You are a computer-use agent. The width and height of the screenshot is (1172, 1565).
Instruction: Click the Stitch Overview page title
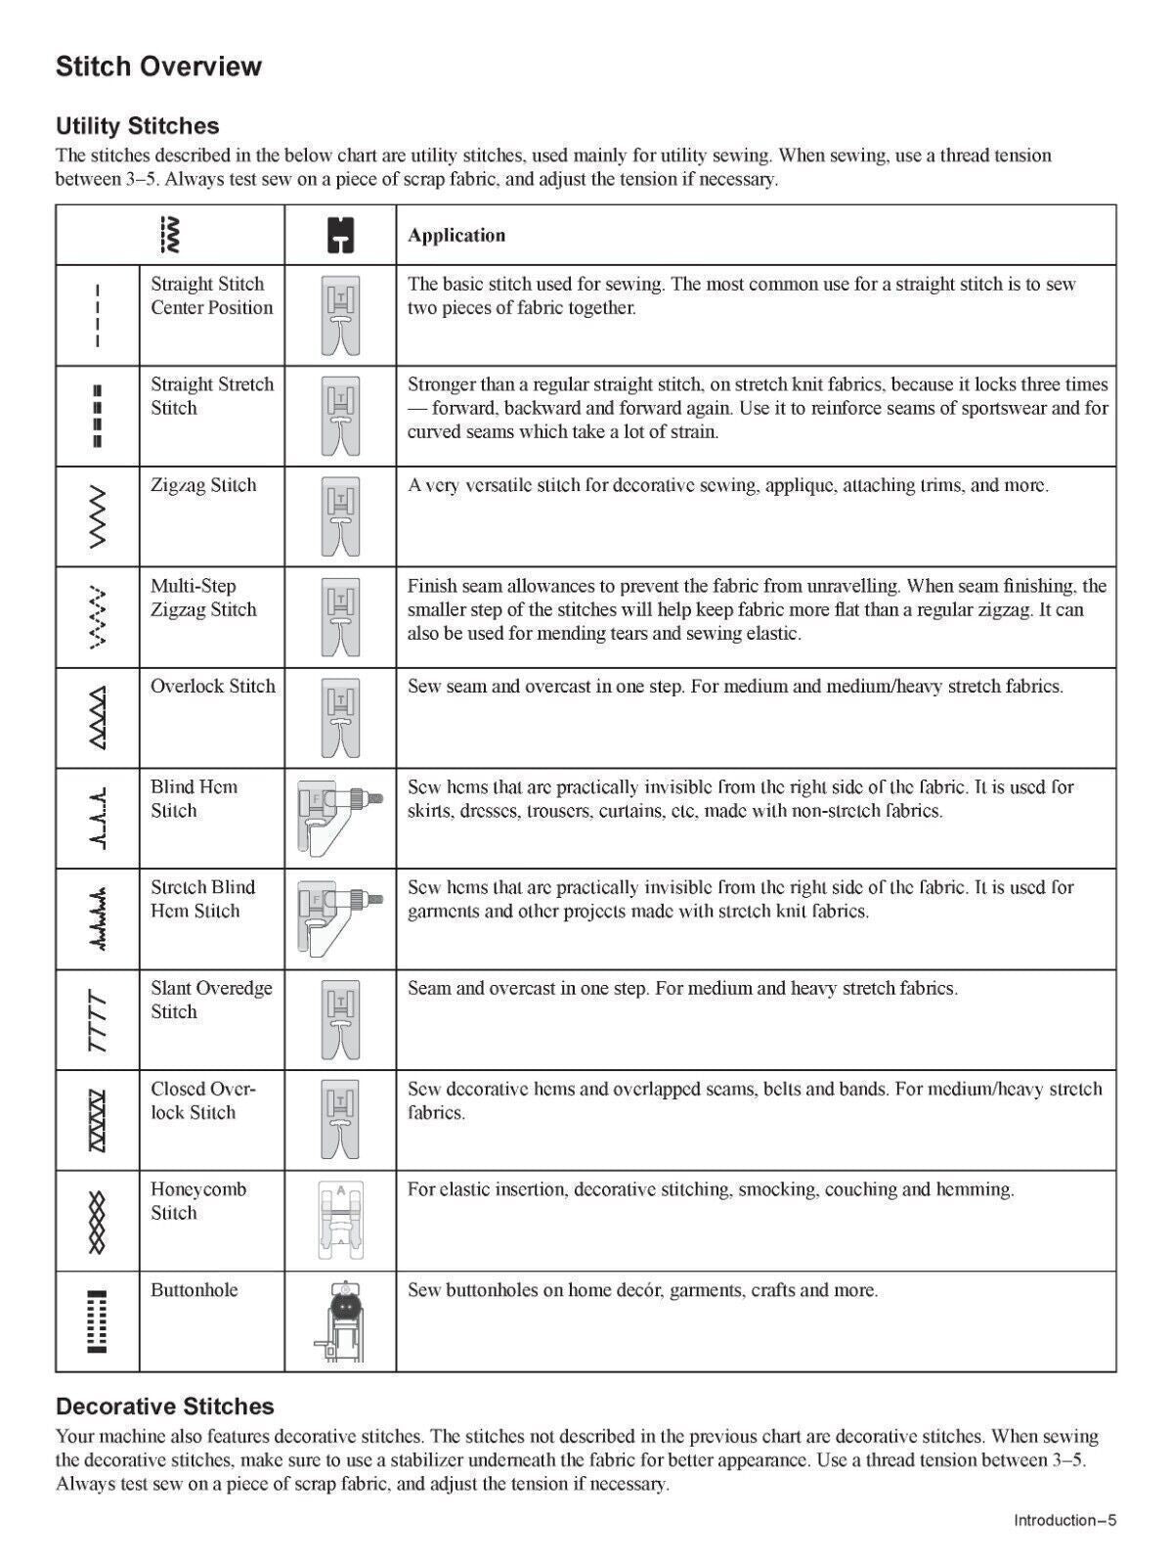pyautogui.click(x=158, y=67)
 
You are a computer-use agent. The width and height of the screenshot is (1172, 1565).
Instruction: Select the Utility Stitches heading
pyautogui.click(x=137, y=126)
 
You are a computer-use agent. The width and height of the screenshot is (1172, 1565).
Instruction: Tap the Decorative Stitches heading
pyautogui.click(x=164, y=1407)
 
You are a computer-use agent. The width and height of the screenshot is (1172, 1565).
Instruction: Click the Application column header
pyautogui.click(x=456, y=235)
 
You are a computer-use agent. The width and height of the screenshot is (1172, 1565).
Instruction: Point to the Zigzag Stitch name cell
pyautogui.click(x=203, y=486)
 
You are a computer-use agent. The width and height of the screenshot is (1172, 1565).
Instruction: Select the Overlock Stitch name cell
pyautogui.click(x=212, y=687)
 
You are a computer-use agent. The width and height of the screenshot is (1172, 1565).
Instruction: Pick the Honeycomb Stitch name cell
pyautogui.click(x=197, y=1201)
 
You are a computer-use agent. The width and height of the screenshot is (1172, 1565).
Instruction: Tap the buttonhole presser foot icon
pyautogui.click(x=339, y=1321)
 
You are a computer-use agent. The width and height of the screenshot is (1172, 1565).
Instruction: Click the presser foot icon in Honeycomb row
pyautogui.click(x=340, y=1221)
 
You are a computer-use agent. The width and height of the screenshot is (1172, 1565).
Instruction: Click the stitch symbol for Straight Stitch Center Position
pyautogui.click(x=97, y=315)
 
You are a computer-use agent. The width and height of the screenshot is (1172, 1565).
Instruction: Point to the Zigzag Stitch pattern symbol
pyautogui.click(x=97, y=516)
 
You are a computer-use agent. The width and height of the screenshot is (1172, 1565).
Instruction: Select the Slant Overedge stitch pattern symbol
pyautogui.click(x=97, y=1020)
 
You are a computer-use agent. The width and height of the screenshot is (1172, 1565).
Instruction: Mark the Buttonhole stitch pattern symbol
pyautogui.click(x=97, y=1321)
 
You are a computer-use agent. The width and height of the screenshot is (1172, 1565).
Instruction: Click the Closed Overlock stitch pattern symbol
pyautogui.click(x=97, y=1120)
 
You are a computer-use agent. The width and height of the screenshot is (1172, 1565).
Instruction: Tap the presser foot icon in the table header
pyautogui.click(x=339, y=236)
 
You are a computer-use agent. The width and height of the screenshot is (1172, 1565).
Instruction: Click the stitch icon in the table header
pyautogui.click(x=170, y=235)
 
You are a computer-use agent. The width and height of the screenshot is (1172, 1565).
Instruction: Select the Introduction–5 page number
pyautogui.click(x=1064, y=1520)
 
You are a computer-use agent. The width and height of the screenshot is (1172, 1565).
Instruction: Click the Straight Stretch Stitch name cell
pyautogui.click(x=212, y=396)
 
